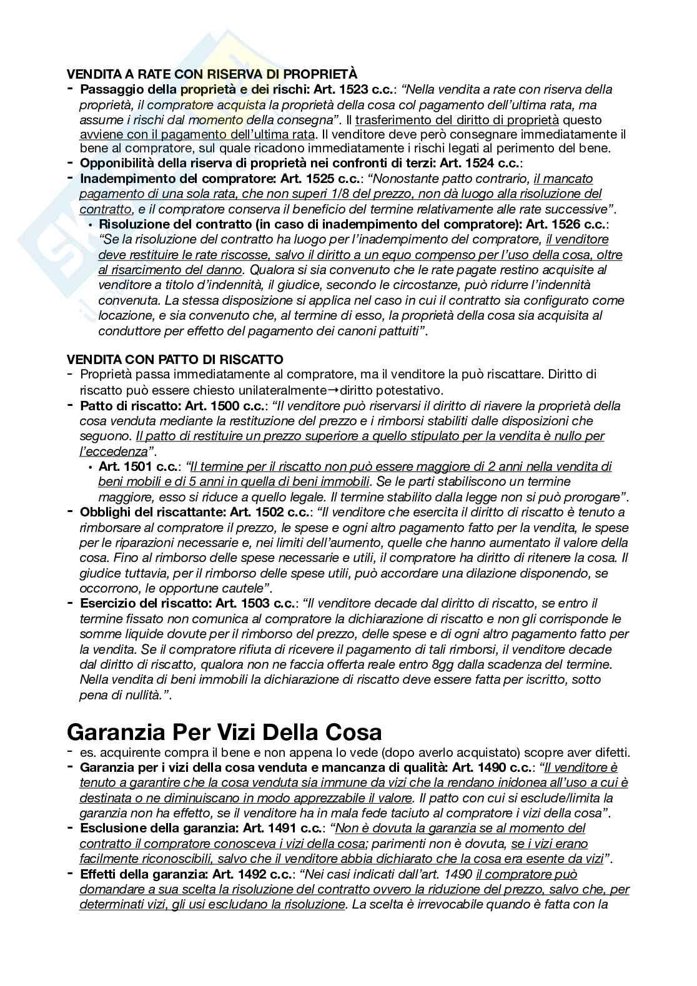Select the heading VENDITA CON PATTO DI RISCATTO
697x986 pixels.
coord(175,360)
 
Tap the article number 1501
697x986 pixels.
coord(139,466)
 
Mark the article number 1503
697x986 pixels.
coord(250,604)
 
